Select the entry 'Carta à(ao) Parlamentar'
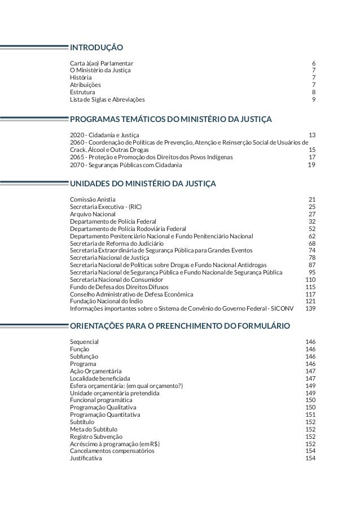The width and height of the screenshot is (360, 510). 102,63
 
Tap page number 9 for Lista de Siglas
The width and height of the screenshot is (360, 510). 313,99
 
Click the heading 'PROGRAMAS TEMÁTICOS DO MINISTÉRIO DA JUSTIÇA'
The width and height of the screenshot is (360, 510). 171,119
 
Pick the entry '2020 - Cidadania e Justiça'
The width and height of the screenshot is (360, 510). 104,136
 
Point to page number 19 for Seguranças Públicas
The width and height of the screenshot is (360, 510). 311,165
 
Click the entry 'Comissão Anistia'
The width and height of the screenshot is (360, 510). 93,199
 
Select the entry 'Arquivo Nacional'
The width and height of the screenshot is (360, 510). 93,214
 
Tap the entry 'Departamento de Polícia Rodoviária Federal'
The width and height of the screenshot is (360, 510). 132,229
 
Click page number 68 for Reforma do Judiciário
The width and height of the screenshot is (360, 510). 312,243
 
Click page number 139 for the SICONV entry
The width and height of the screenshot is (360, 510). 310,309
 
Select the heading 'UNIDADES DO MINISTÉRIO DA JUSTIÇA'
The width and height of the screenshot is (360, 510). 142,183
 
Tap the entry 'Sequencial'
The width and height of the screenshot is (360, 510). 84,342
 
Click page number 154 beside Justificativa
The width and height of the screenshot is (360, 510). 310,458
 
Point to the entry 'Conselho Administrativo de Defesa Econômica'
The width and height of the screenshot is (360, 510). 131,294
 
